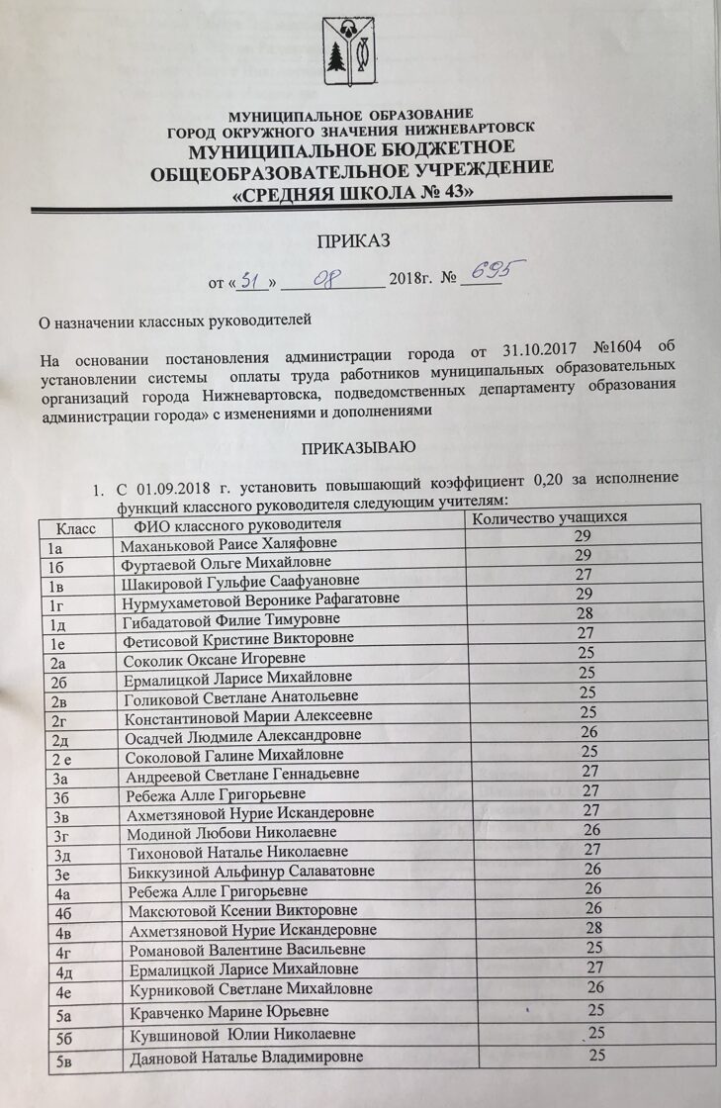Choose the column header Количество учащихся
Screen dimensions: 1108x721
[550, 517]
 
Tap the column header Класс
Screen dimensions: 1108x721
[75, 529]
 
